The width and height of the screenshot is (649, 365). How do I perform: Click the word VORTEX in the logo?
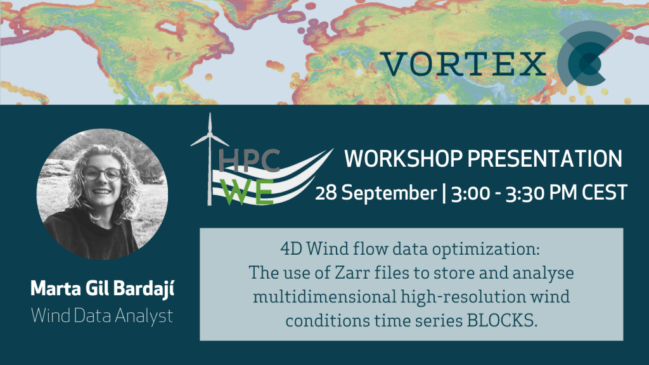click(x=463, y=64)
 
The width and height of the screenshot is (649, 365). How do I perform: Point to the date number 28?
click(x=326, y=193)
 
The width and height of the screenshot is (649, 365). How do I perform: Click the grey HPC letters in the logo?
click(x=249, y=160)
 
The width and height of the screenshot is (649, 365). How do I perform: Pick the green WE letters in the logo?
click(x=248, y=192)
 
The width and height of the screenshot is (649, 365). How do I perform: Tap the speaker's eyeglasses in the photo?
click(x=102, y=174)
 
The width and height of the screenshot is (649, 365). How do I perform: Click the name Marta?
click(x=56, y=288)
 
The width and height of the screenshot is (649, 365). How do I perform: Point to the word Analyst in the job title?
click(x=144, y=316)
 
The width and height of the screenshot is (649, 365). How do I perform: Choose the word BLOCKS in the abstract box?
click(x=502, y=320)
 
